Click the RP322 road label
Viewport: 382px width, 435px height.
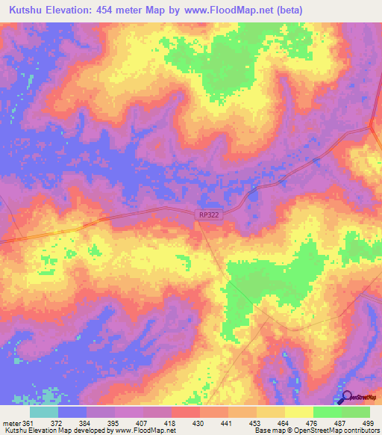click(209, 215)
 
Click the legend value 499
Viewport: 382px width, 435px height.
click(369, 422)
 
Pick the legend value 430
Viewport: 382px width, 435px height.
click(199, 422)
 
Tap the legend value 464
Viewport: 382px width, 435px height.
click(284, 422)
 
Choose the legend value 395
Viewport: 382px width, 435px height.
click(114, 422)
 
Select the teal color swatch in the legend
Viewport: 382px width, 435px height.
click(44, 412)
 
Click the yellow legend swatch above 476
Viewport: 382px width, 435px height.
click(298, 412)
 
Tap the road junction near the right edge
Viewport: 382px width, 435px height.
click(372, 126)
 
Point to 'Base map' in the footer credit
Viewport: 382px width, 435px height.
click(268, 431)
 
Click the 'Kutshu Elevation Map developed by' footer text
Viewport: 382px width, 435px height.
click(56, 431)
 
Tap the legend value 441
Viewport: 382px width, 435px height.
click(227, 422)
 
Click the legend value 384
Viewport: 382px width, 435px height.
click(87, 422)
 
